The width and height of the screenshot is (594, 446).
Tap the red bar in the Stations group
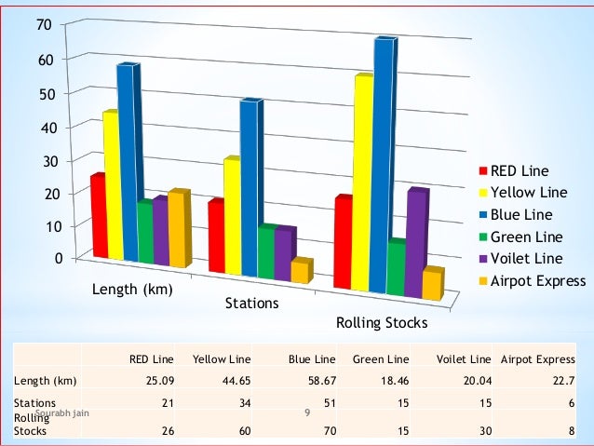pos(216,237)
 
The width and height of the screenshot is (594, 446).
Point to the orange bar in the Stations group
pos(299,271)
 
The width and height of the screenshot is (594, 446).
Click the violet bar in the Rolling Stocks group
pos(416,244)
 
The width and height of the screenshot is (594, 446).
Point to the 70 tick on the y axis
pos(43,24)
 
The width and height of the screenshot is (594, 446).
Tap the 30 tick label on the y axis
pos(43,160)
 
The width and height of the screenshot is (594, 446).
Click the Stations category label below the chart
pos(251,304)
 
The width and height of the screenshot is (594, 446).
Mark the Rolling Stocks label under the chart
pos(381,323)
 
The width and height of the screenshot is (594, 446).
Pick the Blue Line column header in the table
pos(312,358)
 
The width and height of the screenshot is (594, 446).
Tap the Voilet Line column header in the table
pos(463,358)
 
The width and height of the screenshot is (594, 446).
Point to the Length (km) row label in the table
pos(45,380)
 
